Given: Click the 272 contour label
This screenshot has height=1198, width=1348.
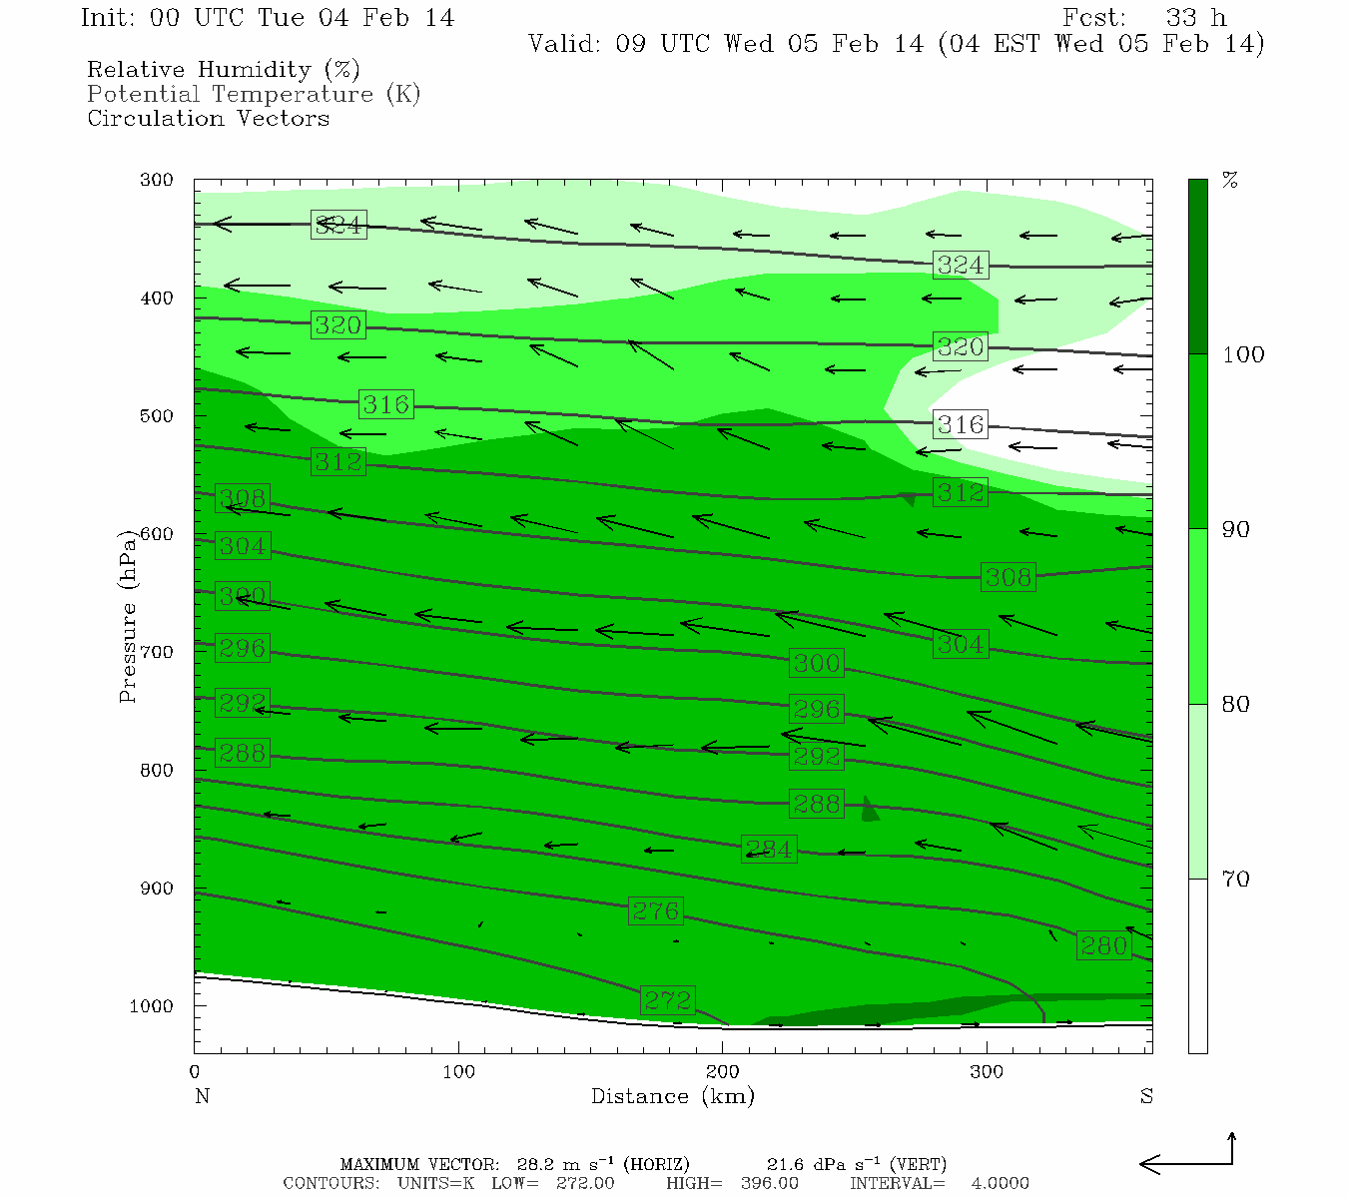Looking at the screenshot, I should (x=668, y=999).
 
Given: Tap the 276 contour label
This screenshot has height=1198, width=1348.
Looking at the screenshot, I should (x=656, y=910).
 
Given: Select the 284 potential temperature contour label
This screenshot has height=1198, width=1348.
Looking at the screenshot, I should (x=769, y=850).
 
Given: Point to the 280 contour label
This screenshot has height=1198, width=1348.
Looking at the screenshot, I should (x=1103, y=945).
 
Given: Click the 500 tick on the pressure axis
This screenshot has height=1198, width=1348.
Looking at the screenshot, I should (x=157, y=416).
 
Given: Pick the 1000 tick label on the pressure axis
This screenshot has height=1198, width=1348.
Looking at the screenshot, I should (x=152, y=1006).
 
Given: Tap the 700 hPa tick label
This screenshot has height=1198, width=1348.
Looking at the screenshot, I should (x=157, y=652).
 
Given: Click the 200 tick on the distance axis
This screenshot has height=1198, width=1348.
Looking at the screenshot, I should (x=723, y=1072).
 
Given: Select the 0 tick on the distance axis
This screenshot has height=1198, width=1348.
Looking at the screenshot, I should (x=195, y=1072).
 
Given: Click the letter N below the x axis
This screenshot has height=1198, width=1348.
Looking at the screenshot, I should (x=202, y=1096).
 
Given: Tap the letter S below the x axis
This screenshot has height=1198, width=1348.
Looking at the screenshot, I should (x=1146, y=1096).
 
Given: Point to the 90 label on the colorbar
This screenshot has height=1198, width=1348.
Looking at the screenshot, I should (x=1236, y=529).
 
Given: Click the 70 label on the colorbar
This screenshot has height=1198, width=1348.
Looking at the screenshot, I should (x=1236, y=880).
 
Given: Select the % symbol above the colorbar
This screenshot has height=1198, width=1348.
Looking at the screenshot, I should (x=1230, y=181).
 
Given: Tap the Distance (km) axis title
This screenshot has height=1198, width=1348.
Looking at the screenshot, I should (x=672, y=1096).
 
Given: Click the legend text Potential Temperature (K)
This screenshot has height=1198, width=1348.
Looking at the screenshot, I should (x=254, y=94).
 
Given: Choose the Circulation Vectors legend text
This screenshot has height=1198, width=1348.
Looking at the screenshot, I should (x=208, y=118).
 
